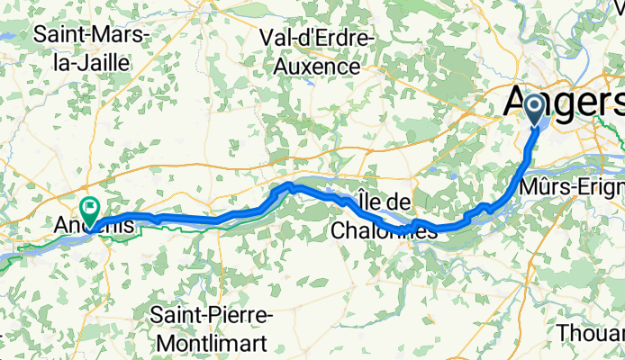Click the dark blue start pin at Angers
(x=534, y=110)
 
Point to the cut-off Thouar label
(x=590, y=332)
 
